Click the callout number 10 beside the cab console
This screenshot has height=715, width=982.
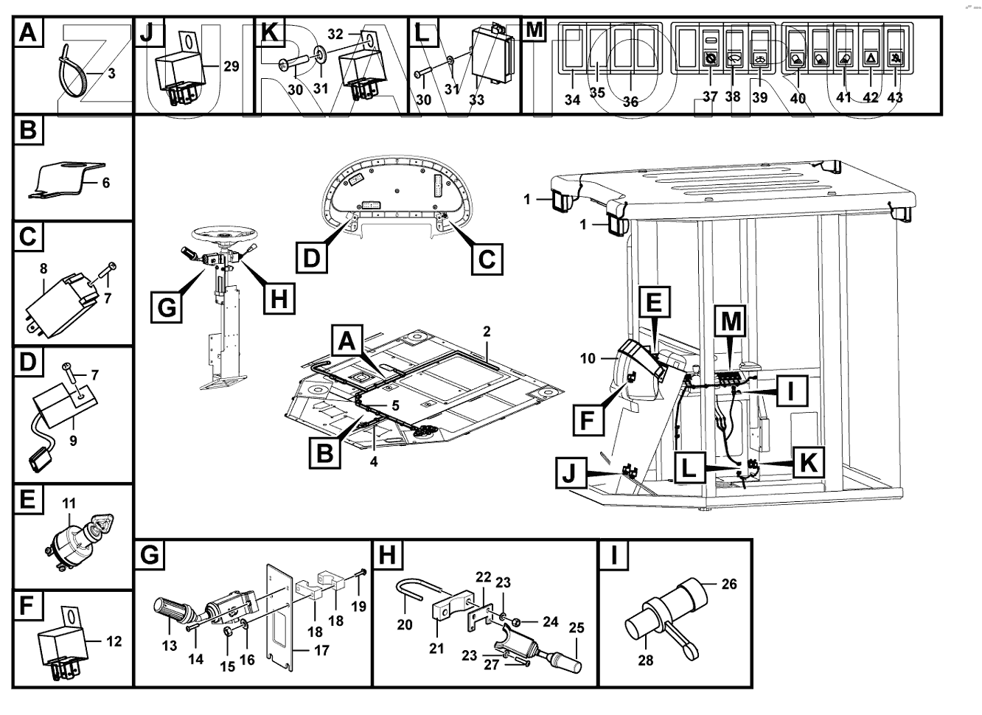[x=588, y=359]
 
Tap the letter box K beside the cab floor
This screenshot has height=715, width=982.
[x=808, y=462]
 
